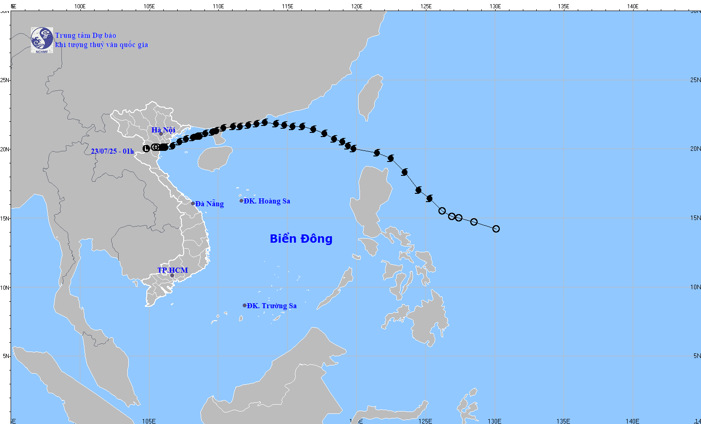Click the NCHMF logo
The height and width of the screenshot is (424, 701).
point(42,40)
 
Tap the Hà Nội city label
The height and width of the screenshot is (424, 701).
point(163,130)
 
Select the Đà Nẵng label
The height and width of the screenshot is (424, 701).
point(210,204)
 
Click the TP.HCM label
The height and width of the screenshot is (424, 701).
point(173,270)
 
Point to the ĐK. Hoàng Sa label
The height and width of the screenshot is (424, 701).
point(267,201)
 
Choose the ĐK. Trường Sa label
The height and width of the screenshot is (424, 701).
point(272,306)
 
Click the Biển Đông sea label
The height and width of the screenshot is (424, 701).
point(301,239)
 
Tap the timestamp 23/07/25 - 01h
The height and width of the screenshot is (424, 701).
point(112,151)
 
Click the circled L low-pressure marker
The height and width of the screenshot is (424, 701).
point(146,149)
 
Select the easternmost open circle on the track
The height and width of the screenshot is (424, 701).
point(496,229)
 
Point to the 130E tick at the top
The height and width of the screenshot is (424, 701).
point(495,6)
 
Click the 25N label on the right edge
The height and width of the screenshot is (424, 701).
point(695,80)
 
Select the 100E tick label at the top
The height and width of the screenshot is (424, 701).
point(80,6)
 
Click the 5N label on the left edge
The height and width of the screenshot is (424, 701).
point(5,356)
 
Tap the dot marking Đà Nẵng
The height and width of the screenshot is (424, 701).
point(193,203)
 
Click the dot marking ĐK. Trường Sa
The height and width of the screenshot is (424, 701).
point(245,305)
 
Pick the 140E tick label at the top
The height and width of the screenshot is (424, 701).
point(633,6)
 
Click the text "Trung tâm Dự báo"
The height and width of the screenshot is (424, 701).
point(85,36)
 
